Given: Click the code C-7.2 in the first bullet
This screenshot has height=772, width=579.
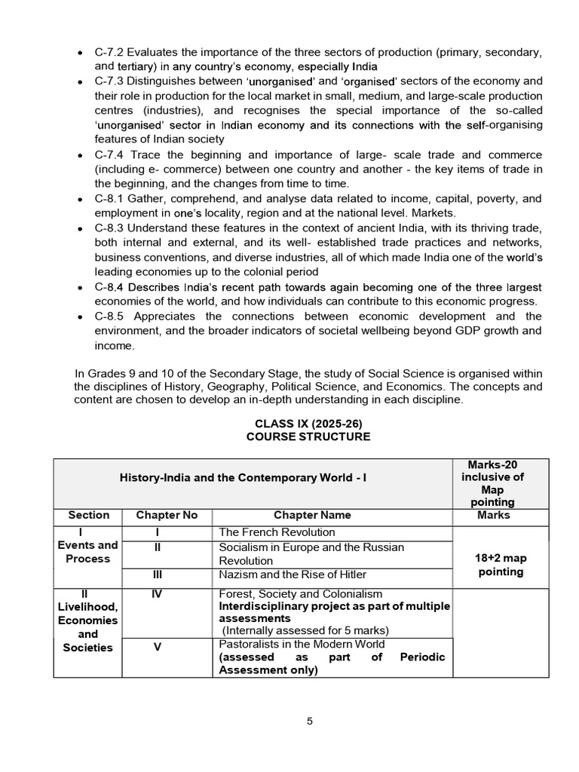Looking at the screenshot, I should point(111,52).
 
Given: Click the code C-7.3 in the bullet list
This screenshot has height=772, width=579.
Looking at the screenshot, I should point(111,81).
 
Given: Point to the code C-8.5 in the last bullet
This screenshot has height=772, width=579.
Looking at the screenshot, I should point(111,317).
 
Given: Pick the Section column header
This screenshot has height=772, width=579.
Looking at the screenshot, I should point(88,516).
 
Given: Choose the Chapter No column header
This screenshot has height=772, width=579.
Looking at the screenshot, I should point(167,516).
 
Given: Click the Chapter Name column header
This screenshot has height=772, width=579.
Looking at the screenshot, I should point(311,516).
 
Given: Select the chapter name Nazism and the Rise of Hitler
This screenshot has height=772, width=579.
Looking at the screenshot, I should point(290,575).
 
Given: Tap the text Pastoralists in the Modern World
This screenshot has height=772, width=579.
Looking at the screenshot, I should point(302,644).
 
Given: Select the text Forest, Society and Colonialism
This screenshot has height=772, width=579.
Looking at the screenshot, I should point(300,594).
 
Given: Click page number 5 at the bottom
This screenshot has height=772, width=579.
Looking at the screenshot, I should point(309,721).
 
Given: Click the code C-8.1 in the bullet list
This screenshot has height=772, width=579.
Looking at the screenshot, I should point(111,198).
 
